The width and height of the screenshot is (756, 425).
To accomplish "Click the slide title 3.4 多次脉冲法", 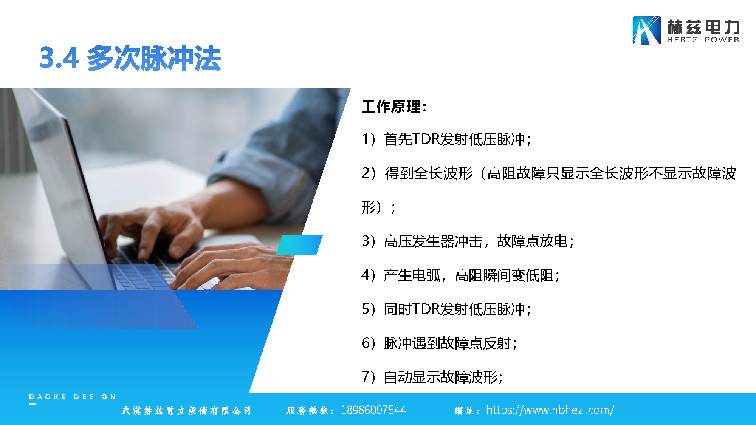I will [x=130, y=58].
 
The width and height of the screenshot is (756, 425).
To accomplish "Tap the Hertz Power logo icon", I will [x=647, y=31].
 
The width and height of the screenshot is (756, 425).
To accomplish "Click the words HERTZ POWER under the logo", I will [x=703, y=40].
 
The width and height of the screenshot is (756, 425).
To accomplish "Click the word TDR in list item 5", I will [x=426, y=309].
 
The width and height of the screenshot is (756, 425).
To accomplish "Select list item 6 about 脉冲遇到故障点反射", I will [x=449, y=343].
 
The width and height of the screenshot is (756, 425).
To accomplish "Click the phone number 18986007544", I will [x=373, y=410].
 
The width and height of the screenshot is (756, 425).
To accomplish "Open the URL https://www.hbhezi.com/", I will [x=550, y=410].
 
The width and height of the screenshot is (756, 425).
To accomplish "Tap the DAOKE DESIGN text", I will [x=72, y=397].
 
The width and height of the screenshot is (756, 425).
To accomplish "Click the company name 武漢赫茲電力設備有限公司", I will [x=186, y=411].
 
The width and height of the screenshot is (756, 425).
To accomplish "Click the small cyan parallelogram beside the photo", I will [x=299, y=245].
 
